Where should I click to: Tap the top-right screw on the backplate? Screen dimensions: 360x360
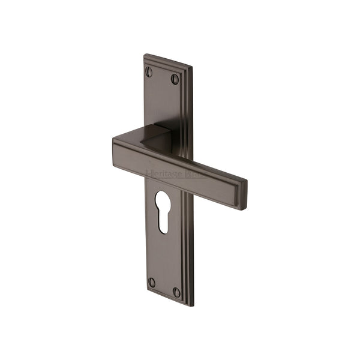pyautogui.click(x=175, y=79)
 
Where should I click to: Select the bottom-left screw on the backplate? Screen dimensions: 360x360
pyautogui.click(x=152, y=281)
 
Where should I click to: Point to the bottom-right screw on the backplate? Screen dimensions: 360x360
pyautogui.click(x=177, y=292)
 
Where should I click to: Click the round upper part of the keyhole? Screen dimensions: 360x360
pyautogui.click(x=162, y=200)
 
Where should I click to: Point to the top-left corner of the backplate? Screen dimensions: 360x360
pyautogui.click(x=145, y=56)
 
